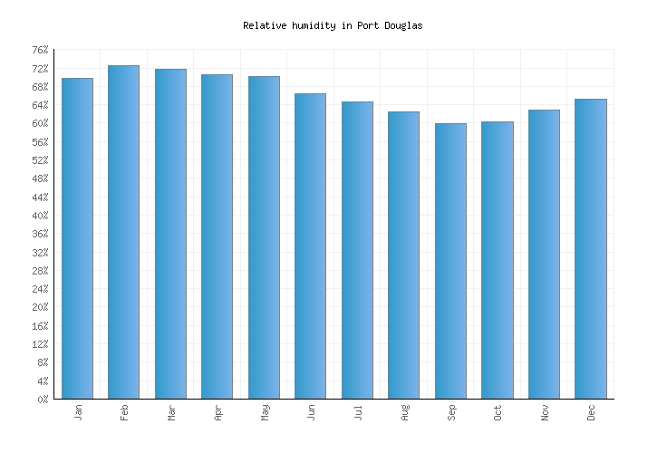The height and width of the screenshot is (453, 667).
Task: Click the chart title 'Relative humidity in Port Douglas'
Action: (x=333, y=26)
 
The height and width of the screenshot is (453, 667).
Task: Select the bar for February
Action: (x=123, y=232)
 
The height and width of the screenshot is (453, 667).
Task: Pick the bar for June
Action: (x=310, y=246)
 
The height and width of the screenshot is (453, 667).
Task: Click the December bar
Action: (x=590, y=248)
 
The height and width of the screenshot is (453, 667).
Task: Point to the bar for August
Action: (x=403, y=255)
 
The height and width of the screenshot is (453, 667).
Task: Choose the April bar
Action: (x=217, y=236)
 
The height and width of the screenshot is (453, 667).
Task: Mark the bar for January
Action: (x=77, y=238)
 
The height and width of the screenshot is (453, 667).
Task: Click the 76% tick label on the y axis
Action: (x=40, y=50)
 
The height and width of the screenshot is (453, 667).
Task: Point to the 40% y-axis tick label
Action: (x=40, y=216)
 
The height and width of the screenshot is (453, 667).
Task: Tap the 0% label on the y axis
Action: (x=43, y=400)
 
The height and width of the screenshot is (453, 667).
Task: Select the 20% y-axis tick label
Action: (x=40, y=307)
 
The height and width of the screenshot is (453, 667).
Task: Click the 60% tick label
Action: (x=40, y=123)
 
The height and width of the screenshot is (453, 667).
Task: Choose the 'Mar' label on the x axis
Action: (x=171, y=412)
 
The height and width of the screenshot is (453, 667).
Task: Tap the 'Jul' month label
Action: (x=358, y=412)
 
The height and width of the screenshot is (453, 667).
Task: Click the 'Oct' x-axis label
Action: (x=498, y=412)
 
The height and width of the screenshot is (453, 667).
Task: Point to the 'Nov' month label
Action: (x=545, y=412)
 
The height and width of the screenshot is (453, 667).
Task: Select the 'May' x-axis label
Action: (x=265, y=412)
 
